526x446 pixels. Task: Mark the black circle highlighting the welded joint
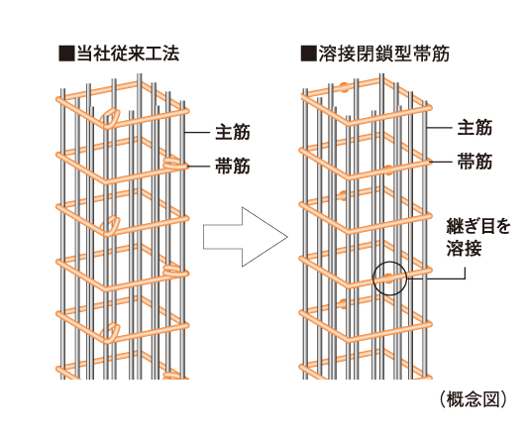pos(389,278)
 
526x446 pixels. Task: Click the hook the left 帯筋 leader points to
pos(175,162)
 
